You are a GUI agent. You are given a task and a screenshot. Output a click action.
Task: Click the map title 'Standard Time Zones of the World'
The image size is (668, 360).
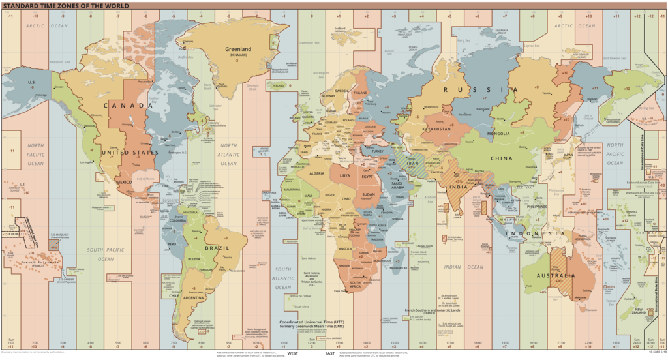coord(65,5)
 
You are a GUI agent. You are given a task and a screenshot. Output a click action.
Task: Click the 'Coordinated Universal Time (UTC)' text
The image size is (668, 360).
coord(312,322)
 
